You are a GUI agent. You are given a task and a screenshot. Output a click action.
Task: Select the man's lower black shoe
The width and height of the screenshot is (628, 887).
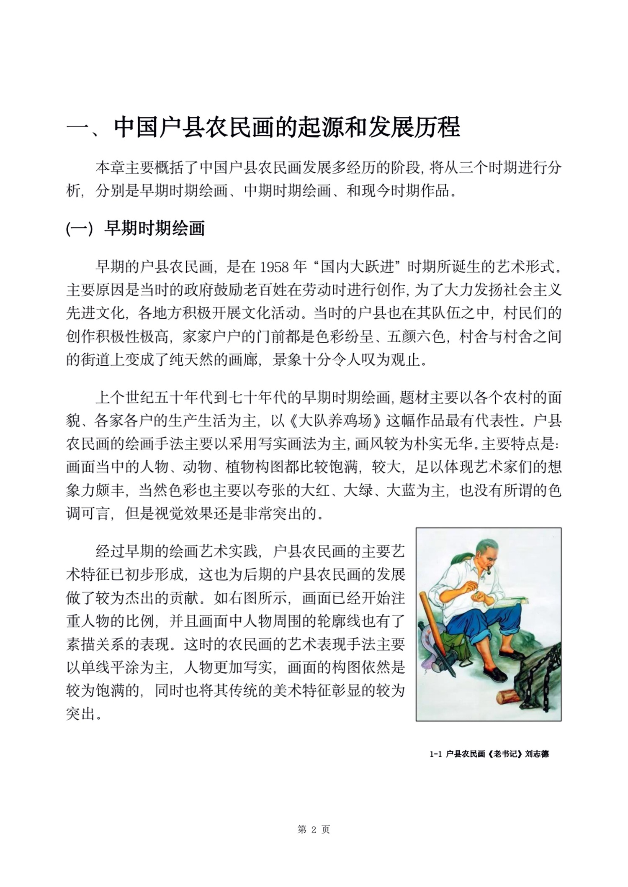tap(497, 674)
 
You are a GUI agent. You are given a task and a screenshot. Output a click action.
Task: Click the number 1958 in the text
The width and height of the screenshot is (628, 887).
tap(275, 267)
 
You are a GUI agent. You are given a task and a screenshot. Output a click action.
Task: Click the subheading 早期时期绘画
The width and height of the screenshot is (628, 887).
tap(154, 228)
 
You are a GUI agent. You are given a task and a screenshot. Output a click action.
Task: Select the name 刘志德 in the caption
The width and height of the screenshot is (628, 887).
tap(537, 754)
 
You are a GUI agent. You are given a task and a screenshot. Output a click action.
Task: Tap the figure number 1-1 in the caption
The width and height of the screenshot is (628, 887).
tap(436, 754)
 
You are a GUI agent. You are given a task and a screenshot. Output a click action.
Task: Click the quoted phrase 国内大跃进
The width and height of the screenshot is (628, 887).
tap(358, 267)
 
